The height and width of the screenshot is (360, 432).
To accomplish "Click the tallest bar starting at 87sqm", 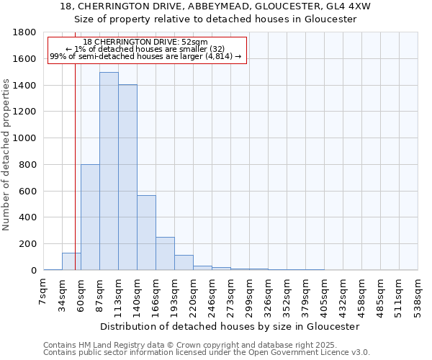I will [109, 171].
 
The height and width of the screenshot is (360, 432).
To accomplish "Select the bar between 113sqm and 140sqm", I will [127, 177].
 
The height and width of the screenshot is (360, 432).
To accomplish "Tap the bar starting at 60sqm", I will [90, 217].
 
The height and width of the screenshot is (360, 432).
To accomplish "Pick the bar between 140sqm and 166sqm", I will [146, 233].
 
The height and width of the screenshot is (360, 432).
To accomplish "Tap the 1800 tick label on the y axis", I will [25, 32].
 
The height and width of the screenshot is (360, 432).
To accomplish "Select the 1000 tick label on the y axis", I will [25, 138].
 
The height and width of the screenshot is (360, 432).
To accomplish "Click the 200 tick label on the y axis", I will [29, 244].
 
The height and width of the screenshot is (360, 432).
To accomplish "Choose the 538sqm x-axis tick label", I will [418, 293].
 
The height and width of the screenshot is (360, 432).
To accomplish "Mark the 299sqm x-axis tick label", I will [250, 293].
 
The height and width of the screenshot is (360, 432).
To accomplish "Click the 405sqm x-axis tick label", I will [325, 293].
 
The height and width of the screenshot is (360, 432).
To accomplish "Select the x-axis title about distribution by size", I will [230, 326].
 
